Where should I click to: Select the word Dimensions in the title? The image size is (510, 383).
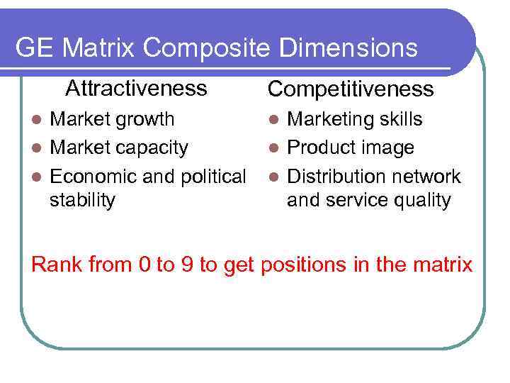[x=348, y=48]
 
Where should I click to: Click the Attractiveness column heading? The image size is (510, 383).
[x=136, y=88]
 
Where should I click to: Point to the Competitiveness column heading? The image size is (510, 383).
[x=350, y=89]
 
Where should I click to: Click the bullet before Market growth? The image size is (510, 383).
[x=41, y=119]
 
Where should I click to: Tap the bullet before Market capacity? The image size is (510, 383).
[x=41, y=148]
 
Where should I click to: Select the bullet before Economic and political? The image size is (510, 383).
[x=41, y=177]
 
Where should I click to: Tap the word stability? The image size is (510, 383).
[x=81, y=201]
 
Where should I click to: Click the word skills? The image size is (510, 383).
[x=401, y=119]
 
